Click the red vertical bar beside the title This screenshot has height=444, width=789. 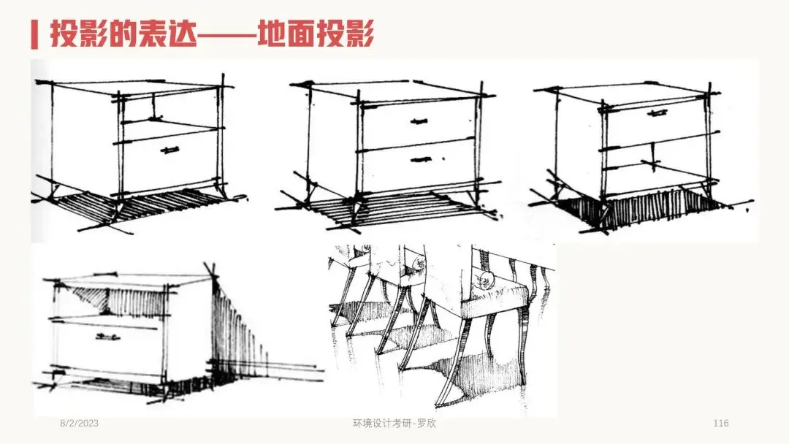point(34,35)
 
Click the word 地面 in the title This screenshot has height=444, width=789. point(290,34)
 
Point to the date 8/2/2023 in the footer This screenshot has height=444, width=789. point(79,424)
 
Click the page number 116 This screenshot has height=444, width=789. point(720,424)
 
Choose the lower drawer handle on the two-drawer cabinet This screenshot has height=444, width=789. point(422,158)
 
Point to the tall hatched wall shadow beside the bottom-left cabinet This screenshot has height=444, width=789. point(237,332)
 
